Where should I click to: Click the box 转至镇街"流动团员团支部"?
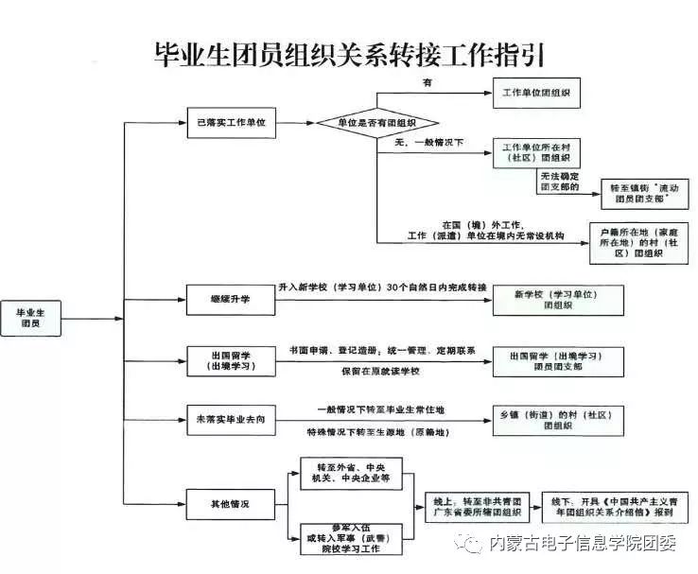645,195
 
